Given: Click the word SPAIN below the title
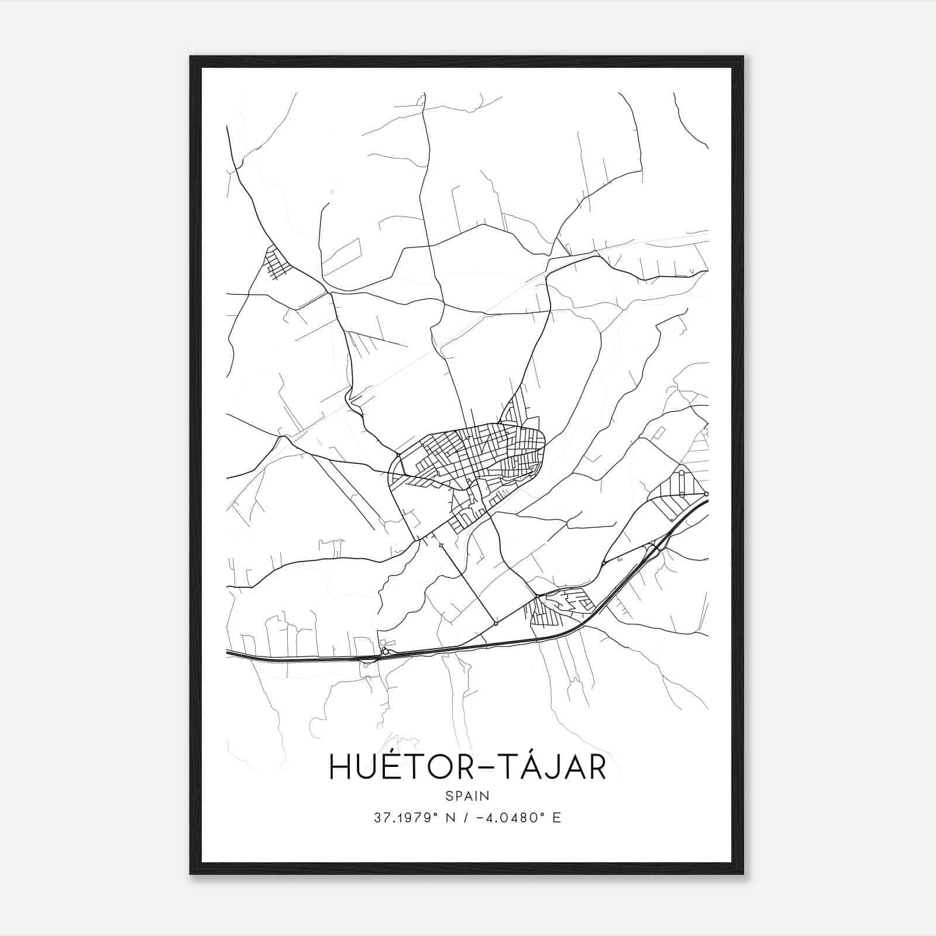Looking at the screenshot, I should click(467, 796).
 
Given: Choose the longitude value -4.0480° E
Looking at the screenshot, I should click(518, 818).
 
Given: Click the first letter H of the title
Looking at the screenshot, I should click(339, 768).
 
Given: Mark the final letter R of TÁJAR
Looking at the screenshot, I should click(596, 768).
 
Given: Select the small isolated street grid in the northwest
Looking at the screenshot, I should click(277, 263).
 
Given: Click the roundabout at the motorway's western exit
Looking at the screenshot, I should click(385, 651).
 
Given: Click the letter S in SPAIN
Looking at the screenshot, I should click(449, 796).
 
